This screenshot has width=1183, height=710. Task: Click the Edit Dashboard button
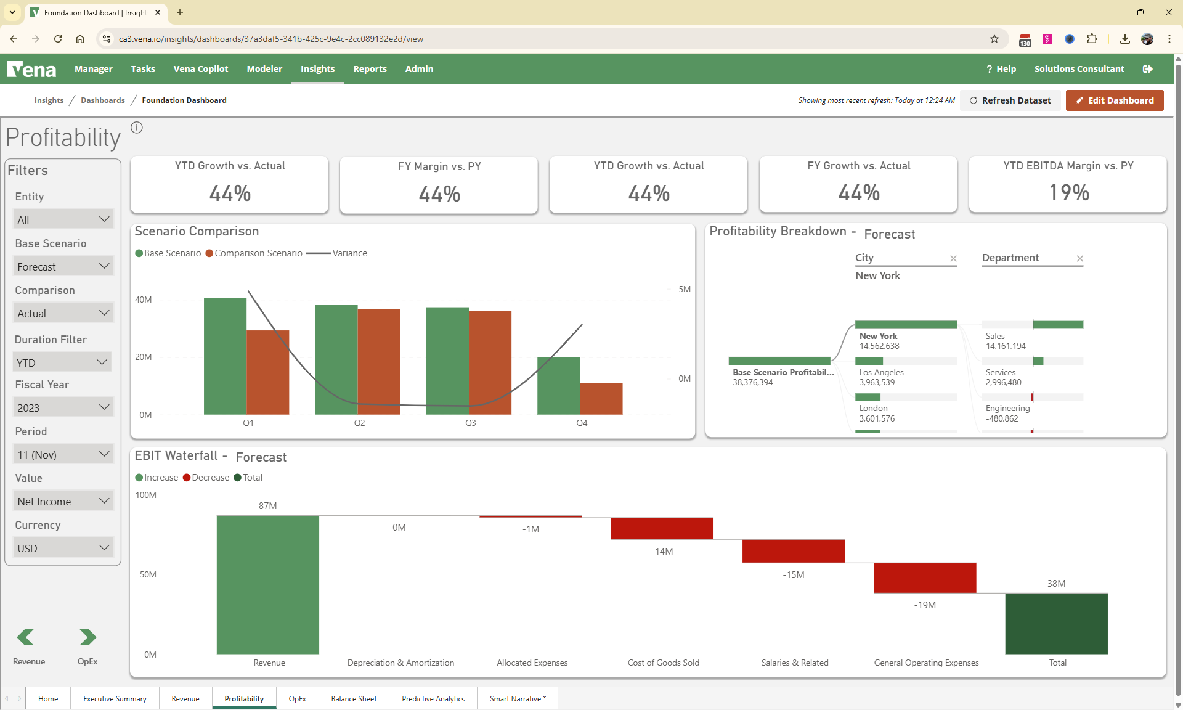(1114, 100)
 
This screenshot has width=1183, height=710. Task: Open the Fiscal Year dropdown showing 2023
(63, 407)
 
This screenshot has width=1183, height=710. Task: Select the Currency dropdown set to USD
(63, 548)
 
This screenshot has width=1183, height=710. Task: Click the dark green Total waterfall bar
(1056, 623)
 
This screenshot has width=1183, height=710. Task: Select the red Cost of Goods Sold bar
(662, 529)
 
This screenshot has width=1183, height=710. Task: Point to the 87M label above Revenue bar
(267, 506)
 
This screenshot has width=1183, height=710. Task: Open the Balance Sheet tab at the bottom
(354, 698)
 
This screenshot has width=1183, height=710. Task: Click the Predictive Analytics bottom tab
(433, 698)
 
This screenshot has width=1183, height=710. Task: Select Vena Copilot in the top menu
(201, 69)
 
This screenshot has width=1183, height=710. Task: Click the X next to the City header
(953, 258)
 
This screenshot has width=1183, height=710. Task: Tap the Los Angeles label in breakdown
(881, 372)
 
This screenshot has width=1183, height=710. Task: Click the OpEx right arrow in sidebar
(87, 637)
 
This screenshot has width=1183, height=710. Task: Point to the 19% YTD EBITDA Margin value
(1068, 193)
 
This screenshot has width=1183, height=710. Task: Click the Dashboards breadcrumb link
(102, 100)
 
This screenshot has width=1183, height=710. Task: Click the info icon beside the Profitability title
(137, 128)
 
